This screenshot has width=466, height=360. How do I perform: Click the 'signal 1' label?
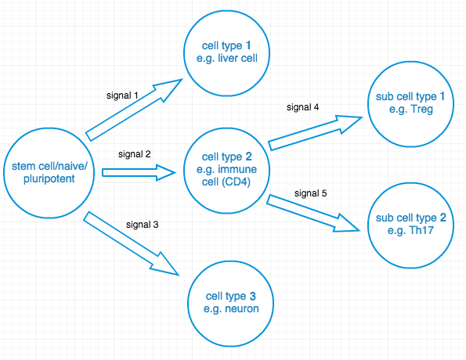122,95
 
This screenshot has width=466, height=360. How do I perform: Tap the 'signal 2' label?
135,154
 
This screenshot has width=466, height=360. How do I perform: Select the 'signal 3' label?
142,225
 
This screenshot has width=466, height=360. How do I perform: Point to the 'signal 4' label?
302,107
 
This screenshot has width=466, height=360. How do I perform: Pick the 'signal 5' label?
311,193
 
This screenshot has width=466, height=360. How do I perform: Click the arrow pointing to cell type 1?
134,110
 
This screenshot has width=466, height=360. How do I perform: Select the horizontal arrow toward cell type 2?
139,173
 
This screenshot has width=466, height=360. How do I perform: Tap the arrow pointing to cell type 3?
131,243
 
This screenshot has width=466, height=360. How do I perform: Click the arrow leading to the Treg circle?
316,133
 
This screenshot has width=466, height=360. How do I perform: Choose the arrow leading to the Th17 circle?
313,213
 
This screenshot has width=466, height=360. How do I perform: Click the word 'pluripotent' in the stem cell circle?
49,178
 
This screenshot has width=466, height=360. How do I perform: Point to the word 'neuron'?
242,308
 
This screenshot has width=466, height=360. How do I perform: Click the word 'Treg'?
421,110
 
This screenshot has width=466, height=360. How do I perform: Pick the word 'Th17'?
421,230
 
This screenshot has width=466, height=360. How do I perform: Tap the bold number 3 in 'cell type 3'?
253,296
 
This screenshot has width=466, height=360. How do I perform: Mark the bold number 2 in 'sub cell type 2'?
443,218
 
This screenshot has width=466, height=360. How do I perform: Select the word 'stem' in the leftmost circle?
21,167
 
